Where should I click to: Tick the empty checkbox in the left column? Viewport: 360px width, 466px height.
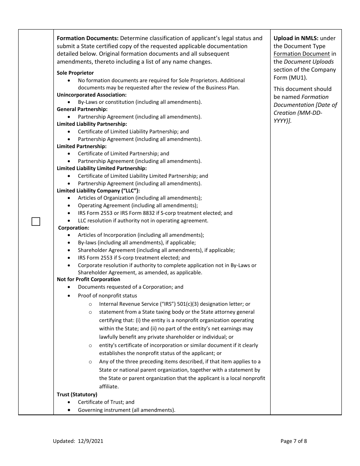36,222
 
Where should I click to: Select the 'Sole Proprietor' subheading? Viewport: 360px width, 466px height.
75,73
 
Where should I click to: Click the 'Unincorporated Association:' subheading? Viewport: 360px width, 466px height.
92,95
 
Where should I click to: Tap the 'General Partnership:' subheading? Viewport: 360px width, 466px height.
82,109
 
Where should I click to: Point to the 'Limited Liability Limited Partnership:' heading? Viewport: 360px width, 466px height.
102,168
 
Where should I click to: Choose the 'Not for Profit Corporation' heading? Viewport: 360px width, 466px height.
88,279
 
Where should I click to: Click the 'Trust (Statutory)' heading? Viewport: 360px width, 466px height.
77,394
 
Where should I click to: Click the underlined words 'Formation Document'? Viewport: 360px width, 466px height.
302,54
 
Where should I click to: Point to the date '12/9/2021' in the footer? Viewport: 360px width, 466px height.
91,441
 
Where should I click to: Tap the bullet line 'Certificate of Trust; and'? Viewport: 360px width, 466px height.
106,402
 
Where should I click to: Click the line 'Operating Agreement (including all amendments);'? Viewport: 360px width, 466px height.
138,205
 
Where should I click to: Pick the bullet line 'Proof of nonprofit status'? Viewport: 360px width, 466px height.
108,296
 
